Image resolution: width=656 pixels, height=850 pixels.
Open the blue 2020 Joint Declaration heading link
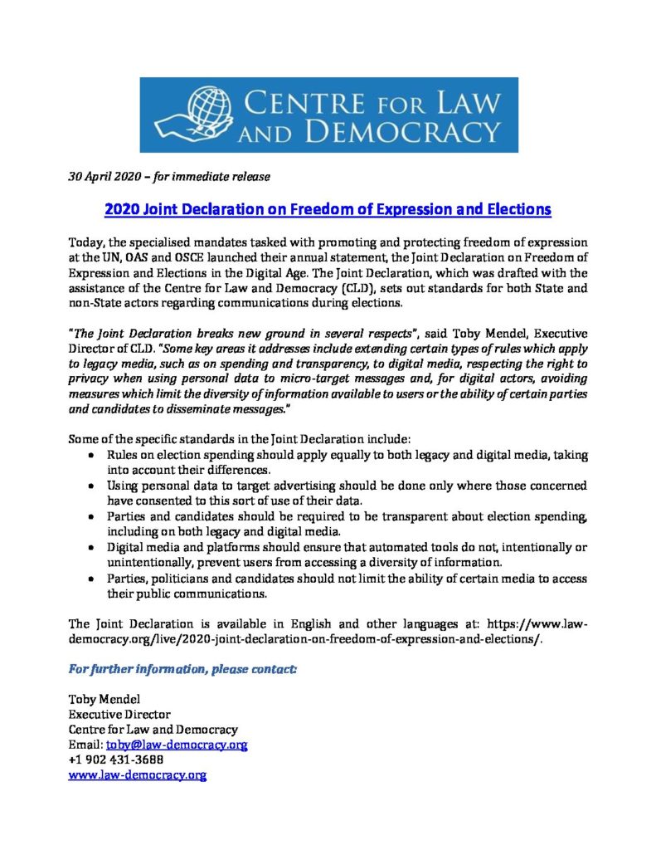[328, 209]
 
